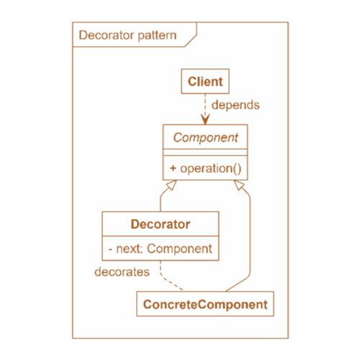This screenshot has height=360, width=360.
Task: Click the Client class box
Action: click(205, 81)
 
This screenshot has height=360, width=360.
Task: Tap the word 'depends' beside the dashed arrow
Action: click(235, 105)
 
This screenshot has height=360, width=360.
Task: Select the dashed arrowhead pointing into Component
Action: click(205, 119)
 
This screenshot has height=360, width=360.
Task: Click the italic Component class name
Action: click(206, 138)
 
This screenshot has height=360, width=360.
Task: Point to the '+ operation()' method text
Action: click(206, 168)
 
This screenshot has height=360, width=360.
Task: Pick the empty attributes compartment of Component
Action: click(205, 153)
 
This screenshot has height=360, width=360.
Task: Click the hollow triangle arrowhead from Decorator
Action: click(171, 185)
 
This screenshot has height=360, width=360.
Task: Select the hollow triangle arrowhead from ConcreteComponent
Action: click(239, 185)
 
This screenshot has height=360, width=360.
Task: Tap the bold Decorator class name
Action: click(161, 224)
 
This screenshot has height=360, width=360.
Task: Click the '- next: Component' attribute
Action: click(161, 248)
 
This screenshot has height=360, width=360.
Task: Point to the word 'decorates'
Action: click(122, 272)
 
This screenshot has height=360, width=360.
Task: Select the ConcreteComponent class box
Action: click(205, 304)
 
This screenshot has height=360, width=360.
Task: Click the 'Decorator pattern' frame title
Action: click(127, 35)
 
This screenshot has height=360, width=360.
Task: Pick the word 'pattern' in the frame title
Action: click(157, 36)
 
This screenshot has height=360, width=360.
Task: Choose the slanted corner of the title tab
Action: click(191, 41)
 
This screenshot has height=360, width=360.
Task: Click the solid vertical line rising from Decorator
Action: click(161, 204)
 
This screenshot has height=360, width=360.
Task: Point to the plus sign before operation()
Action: click(173, 168)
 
